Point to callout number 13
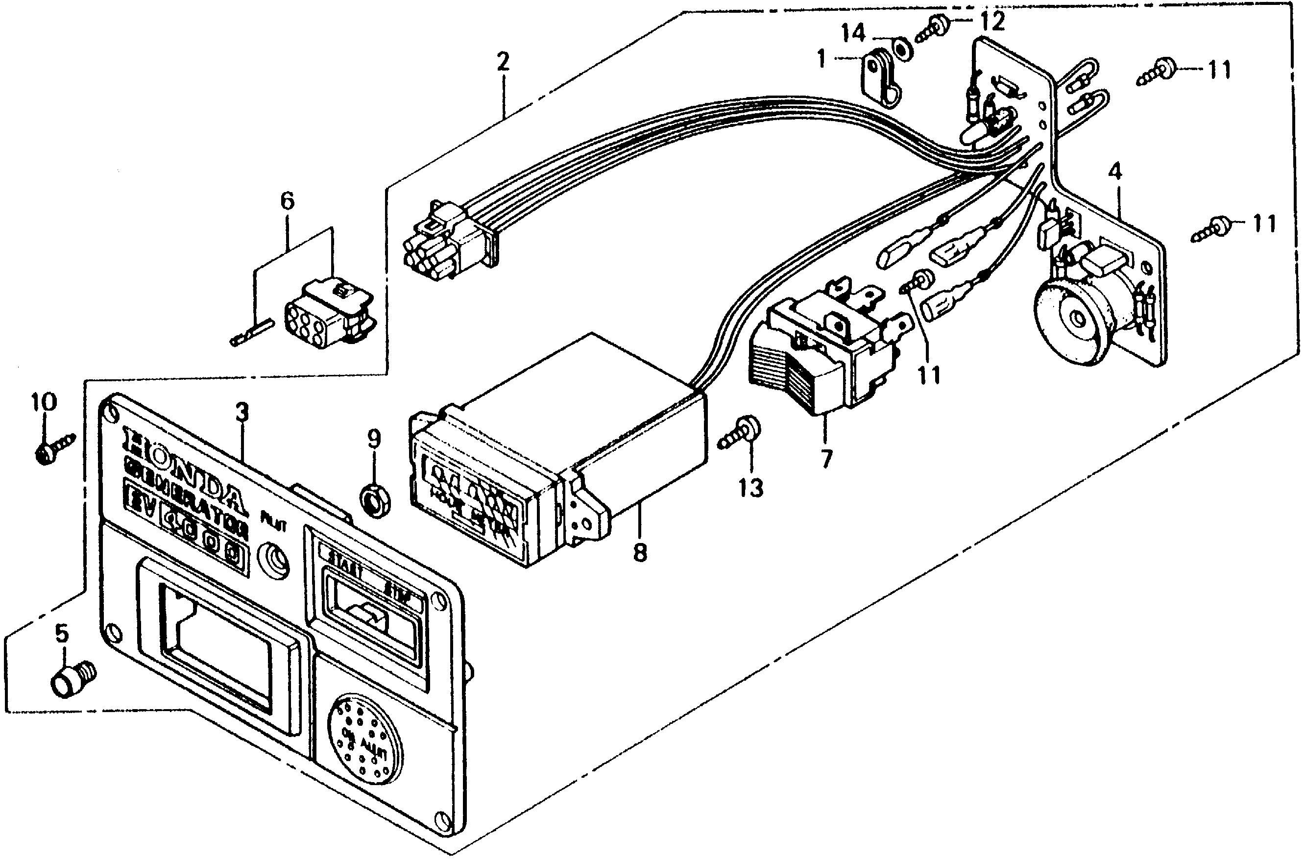tap(751, 487)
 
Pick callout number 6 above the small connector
tap(287, 201)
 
